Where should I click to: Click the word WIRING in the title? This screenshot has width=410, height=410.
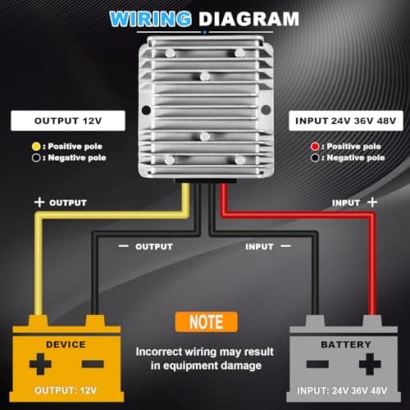150,19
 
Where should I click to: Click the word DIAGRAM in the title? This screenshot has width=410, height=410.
248,19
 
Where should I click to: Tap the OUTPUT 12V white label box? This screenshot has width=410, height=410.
68,121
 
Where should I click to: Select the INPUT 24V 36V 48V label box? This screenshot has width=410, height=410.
346,121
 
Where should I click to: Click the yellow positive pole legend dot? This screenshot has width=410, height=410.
36,147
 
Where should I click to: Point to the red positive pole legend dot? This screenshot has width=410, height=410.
315,147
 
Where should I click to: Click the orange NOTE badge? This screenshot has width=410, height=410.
207,322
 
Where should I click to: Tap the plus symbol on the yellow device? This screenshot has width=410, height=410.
40,364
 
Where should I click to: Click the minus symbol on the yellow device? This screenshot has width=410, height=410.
93,364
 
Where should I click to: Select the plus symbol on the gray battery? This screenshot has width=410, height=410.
370,364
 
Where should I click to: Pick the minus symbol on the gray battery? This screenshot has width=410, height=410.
317,364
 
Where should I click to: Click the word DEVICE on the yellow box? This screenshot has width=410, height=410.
66,344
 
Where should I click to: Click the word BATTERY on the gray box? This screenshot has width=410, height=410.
346,344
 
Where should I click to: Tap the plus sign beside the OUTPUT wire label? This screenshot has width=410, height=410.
39,203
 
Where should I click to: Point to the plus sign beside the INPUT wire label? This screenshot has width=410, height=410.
372,203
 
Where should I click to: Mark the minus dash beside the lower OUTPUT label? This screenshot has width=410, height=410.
123,246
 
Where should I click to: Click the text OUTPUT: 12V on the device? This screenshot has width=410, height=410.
66,390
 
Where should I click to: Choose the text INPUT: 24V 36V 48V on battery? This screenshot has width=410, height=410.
342,390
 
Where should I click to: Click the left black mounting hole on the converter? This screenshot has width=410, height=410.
147,110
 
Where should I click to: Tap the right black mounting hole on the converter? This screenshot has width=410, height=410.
266,110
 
